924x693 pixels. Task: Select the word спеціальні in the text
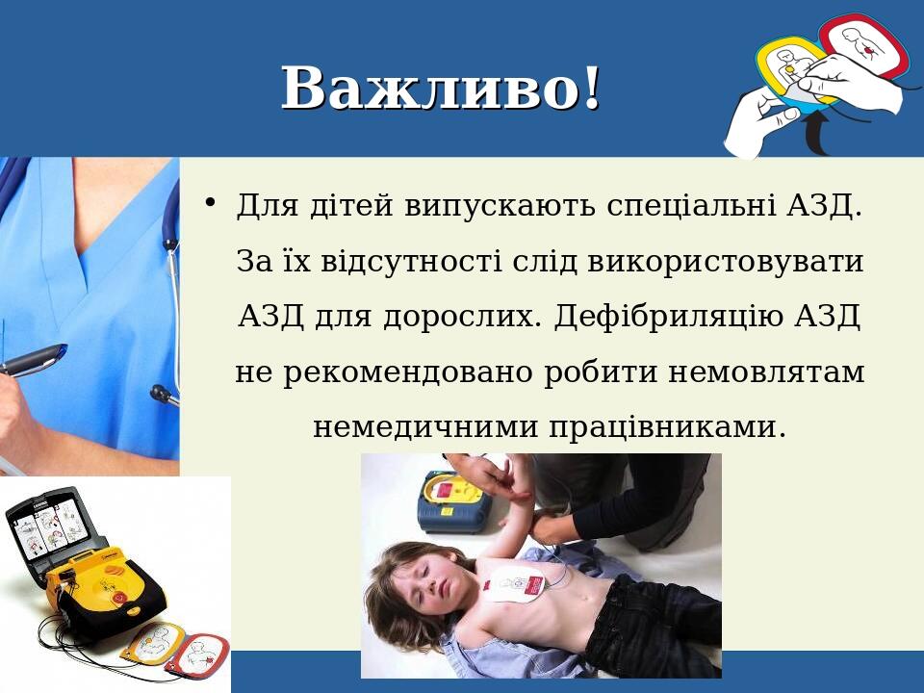point(690,205)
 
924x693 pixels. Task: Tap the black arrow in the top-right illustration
point(816,135)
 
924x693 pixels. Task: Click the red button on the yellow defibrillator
point(118,599)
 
